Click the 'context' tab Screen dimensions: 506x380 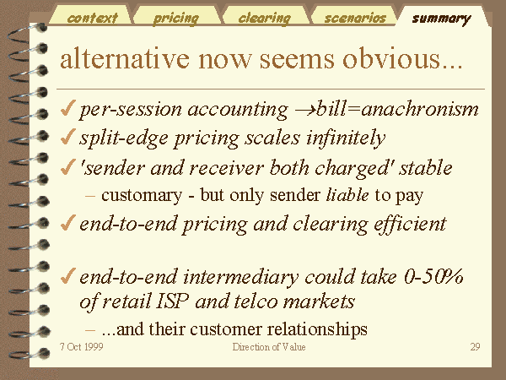pyautogui.click(x=92, y=18)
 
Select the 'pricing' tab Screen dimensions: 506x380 pyautogui.click(x=176, y=18)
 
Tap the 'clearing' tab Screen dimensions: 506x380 pyautogui.click(x=265, y=18)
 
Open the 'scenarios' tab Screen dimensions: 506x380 pyautogui.click(x=355, y=18)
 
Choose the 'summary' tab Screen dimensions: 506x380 pyautogui.click(x=441, y=19)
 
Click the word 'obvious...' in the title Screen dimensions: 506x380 pyautogui.click(x=403, y=58)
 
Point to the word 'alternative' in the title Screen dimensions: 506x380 pyautogui.click(x=125, y=58)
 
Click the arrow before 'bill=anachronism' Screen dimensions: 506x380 pyautogui.click(x=304, y=111)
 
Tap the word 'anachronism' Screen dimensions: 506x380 pyautogui.click(x=419, y=109)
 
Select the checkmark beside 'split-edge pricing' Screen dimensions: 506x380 pyautogui.click(x=67, y=137)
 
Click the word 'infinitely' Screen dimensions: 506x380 pyautogui.click(x=346, y=138)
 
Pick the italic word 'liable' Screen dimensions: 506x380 pyautogui.click(x=347, y=194)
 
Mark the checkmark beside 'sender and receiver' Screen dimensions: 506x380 pyautogui.click(x=67, y=166)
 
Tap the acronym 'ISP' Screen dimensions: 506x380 pyautogui.click(x=173, y=301)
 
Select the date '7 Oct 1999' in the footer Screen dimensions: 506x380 pyautogui.click(x=82, y=347)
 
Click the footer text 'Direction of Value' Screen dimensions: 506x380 pyautogui.click(x=269, y=347)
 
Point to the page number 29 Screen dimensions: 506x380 pyautogui.click(x=475, y=347)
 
